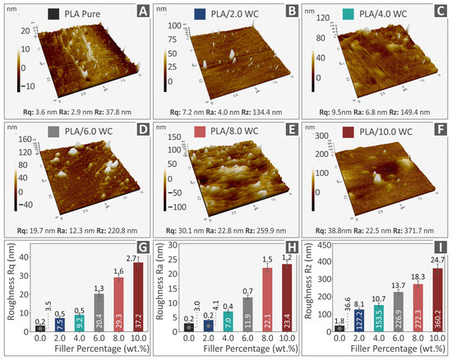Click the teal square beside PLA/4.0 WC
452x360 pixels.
tap(326, 12)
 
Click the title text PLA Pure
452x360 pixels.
tap(70, 12)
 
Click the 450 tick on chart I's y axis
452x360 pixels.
tap(321, 244)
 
